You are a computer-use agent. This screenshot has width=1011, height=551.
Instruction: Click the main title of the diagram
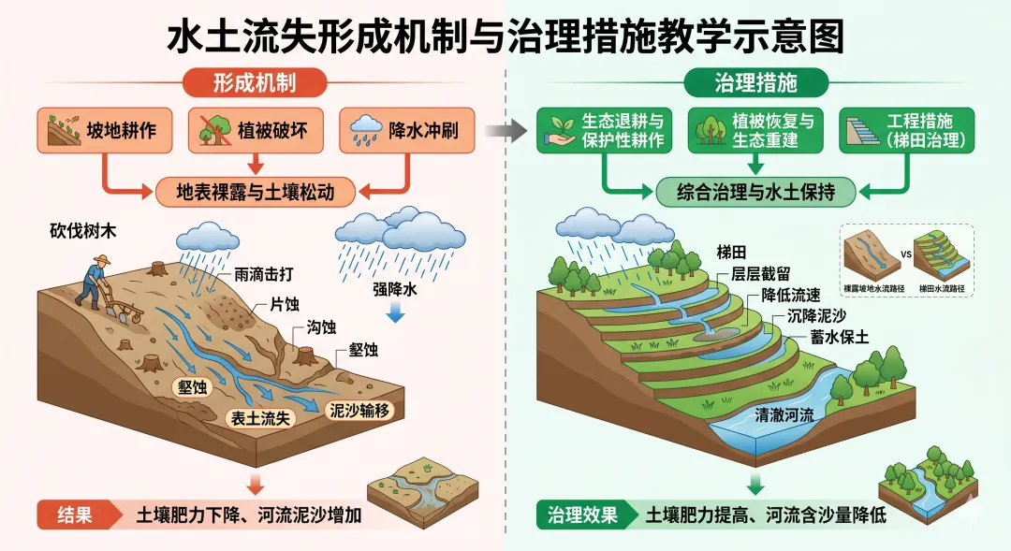coord(505,37)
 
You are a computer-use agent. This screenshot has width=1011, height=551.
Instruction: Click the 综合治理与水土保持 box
coord(755,193)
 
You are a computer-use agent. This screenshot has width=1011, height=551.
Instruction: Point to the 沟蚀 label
coord(321,327)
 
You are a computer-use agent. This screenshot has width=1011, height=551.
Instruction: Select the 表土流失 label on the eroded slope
coord(263,418)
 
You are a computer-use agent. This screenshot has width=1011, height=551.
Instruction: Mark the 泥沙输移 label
coord(357,410)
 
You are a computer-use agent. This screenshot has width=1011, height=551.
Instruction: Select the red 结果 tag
coord(75,515)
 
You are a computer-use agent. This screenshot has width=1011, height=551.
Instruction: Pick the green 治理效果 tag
coord(583,515)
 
